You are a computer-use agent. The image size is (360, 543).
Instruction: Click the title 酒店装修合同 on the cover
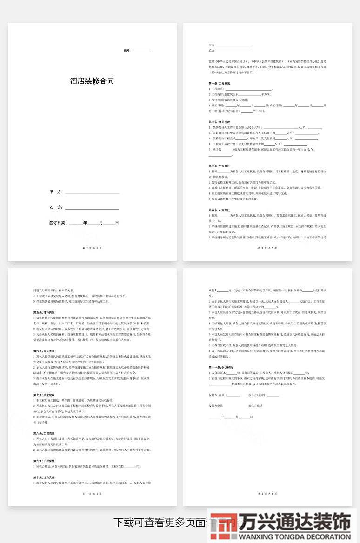[92, 81]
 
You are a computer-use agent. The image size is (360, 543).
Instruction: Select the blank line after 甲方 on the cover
[92, 192]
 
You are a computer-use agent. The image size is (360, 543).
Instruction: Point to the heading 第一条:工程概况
[219, 83]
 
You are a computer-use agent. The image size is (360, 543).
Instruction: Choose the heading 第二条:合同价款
[219, 122]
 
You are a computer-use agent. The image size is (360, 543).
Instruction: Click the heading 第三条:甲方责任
[219, 166]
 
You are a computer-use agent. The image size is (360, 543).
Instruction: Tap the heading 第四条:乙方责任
[219, 210]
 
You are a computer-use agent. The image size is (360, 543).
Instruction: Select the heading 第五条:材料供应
[44, 312]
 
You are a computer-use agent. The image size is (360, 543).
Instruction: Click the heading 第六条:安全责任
[44, 351]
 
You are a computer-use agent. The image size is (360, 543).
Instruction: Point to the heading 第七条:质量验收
[44, 395]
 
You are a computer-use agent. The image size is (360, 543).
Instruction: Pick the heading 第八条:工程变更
[44, 433]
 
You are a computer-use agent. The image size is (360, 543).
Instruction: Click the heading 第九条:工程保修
[44, 460]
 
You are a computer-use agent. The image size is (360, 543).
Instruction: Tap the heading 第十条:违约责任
[44, 477]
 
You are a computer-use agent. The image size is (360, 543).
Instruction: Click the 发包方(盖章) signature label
[217, 395]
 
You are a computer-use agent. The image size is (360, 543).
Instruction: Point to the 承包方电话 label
[255, 406]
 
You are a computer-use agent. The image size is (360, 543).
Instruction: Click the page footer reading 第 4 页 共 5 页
[92, 493]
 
